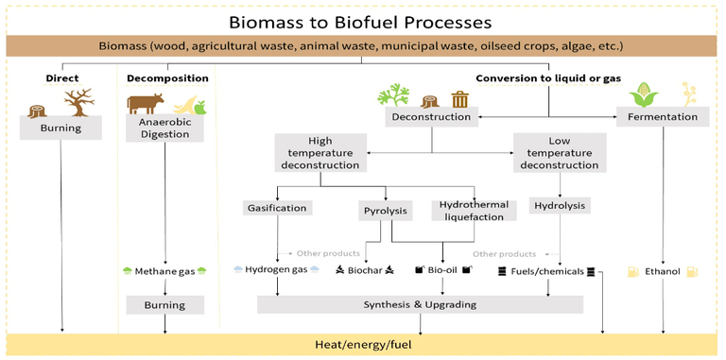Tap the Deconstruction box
[x=431, y=117]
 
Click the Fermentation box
[x=663, y=117]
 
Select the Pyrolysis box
[x=384, y=212]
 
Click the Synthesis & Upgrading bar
[x=421, y=304]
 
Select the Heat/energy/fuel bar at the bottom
[x=363, y=345]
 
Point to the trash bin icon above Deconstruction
[x=459, y=98]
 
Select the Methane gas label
[x=165, y=271]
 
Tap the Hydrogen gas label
[x=276, y=270]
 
